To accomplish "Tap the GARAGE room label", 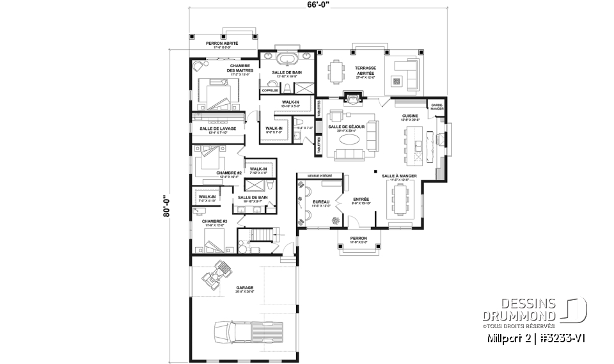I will click(244, 289).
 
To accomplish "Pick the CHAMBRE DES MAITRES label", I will click(242, 68).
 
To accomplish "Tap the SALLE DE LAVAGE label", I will click(217, 129).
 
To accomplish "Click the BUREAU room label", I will click(320, 202).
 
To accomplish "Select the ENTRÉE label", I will click(361, 200).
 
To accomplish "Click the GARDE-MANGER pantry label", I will click(437, 107).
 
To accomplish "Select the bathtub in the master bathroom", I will click(287, 61).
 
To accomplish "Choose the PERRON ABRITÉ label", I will click(221, 44).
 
